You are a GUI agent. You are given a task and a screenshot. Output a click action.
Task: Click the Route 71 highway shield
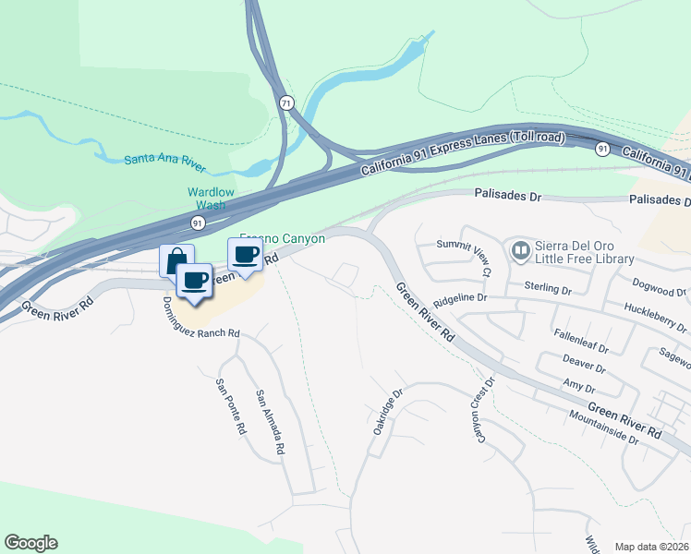(286, 103)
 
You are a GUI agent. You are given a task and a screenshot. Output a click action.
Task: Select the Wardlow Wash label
(212, 198)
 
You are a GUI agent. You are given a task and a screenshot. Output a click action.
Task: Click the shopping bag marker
(176, 259)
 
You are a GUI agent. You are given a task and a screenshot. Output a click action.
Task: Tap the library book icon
(520, 250)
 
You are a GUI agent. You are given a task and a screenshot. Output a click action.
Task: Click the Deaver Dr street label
(584, 361)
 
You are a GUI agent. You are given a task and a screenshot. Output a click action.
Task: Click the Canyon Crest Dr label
(485, 409)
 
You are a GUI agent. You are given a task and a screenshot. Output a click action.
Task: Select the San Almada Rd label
(269, 422)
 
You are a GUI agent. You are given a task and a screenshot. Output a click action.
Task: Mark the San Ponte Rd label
(230, 407)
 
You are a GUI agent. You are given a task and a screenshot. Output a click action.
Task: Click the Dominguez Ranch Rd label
(200, 317)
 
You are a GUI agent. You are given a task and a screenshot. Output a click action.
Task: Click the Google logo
(30, 543)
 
